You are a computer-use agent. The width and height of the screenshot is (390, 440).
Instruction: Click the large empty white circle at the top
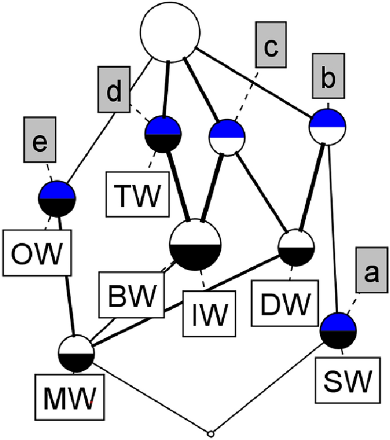(170, 29)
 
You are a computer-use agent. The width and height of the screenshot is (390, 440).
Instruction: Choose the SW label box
(346, 376)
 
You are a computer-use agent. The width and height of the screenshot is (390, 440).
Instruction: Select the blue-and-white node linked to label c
(228, 137)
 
